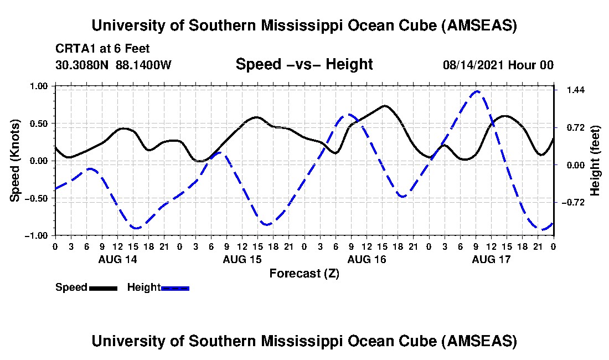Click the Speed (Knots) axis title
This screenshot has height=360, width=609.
click(x=16, y=160)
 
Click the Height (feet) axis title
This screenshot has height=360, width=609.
click(x=596, y=161)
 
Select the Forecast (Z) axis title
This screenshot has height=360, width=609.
click(x=304, y=273)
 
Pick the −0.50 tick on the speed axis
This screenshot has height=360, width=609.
click(x=39, y=198)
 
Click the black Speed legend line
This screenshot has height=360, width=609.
click(x=103, y=288)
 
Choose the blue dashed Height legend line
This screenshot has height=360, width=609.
click(x=176, y=288)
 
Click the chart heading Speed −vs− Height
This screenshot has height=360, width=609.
click(x=304, y=64)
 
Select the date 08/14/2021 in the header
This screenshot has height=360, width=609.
click(x=472, y=65)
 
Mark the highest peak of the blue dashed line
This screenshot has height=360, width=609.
click(x=477, y=91)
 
